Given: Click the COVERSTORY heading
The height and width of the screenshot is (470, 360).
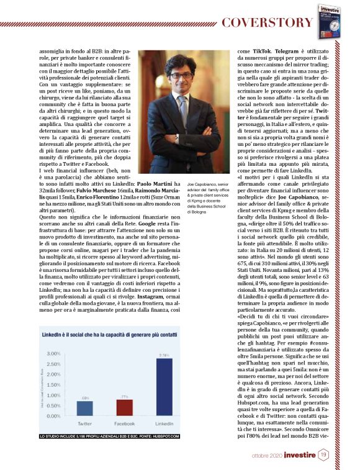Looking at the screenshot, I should pos(268,23).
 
